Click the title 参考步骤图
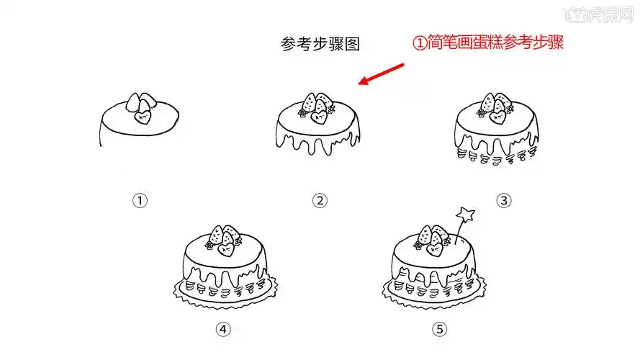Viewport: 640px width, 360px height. tap(320, 45)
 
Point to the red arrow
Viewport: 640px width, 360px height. tap(382, 74)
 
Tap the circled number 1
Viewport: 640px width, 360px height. tap(140, 200)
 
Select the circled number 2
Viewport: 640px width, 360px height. tap(320, 200)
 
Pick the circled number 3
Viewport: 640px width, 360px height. tap(503, 200)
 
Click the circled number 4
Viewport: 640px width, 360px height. tap(223, 329)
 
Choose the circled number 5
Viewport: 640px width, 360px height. tap(439, 329)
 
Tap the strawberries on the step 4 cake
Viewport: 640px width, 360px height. tap(223, 235)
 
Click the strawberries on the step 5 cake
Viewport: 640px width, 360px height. tap(433, 235)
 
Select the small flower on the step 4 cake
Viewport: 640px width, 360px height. tap(210, 245)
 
